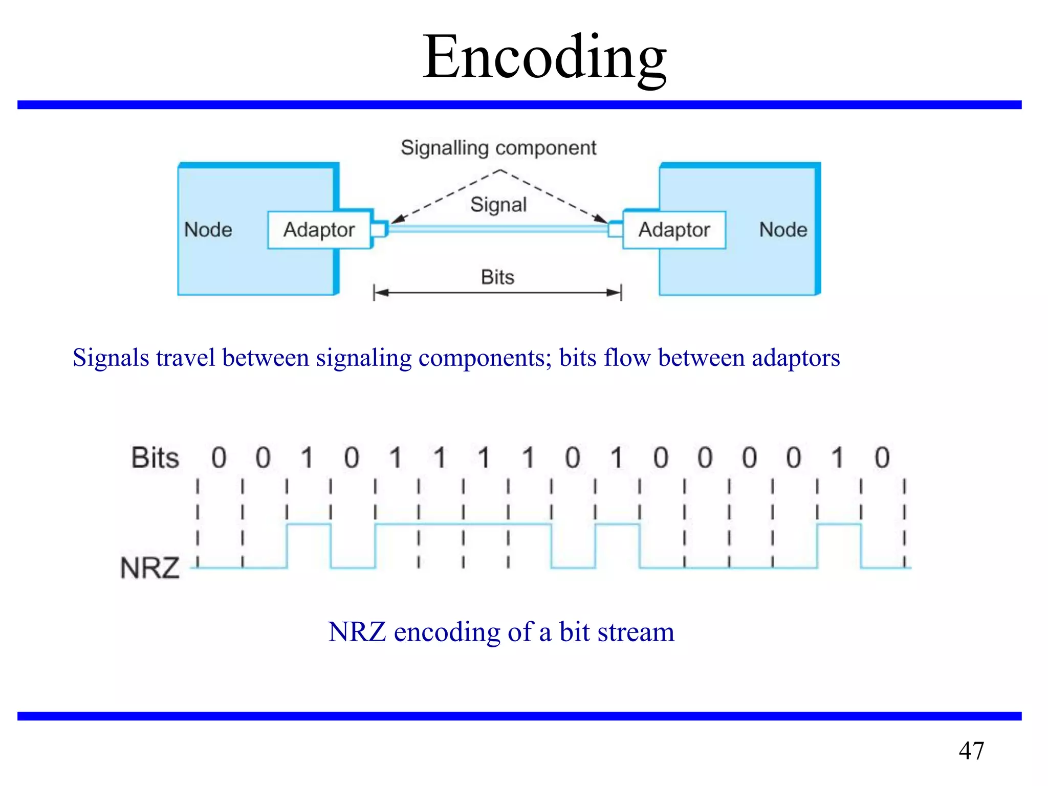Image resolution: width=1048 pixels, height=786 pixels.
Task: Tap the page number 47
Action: tap(971, 751)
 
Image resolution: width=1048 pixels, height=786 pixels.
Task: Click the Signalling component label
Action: tap(498, 148)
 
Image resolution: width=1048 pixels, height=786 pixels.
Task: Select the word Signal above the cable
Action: tap(498, 205)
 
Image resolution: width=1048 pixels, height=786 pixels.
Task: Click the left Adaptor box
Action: tap(319, 230)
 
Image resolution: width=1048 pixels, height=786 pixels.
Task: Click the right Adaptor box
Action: tap(674, 230)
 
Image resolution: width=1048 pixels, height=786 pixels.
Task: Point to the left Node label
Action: tap(208, 230)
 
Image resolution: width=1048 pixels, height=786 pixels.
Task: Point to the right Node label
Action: tap(783, 230)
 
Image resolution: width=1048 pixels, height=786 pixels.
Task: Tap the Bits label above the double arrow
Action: tap(497, 277)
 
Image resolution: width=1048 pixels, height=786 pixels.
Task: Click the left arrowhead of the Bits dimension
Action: tap(381, 293)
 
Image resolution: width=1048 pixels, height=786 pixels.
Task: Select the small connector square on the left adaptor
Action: tap(379, 229)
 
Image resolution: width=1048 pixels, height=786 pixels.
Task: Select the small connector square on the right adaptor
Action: tap(615, 229)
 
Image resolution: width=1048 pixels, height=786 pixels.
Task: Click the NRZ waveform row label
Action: tap(150, 568)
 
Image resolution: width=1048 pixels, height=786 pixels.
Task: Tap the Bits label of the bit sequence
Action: tap(155, 457)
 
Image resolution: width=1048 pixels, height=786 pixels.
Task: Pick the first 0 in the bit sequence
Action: tap(219, 457)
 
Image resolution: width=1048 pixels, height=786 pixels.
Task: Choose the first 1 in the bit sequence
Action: tap(307, 457)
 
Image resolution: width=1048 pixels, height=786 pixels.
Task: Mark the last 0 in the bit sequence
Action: tap(882, 457)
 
